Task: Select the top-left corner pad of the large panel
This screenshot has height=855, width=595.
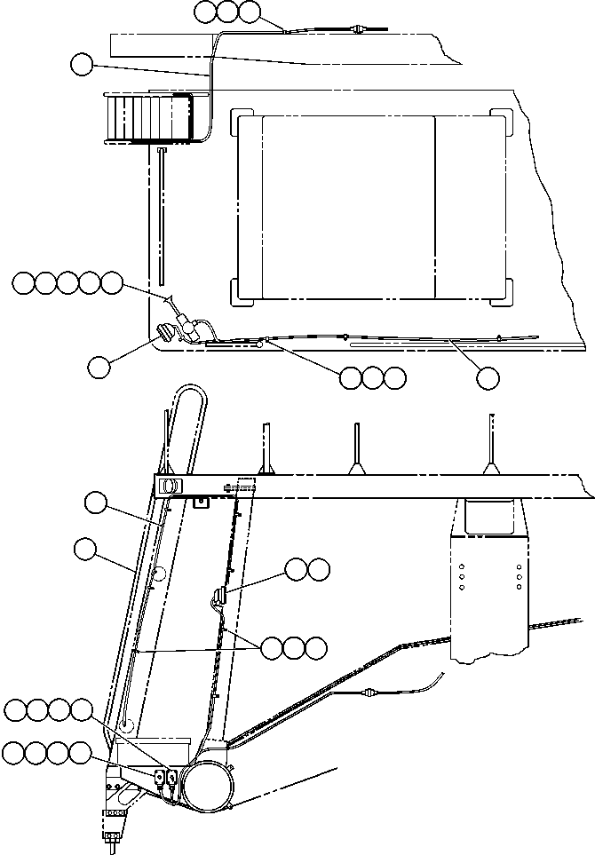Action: tap(240, 120)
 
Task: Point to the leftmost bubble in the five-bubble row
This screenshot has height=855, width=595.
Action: tap(24, 283)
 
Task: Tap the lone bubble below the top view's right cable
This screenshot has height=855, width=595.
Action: tap(487, 378)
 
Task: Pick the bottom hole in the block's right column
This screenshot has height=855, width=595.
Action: tap(519, 587)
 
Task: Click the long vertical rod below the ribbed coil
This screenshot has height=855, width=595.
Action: tap(163, 214)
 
